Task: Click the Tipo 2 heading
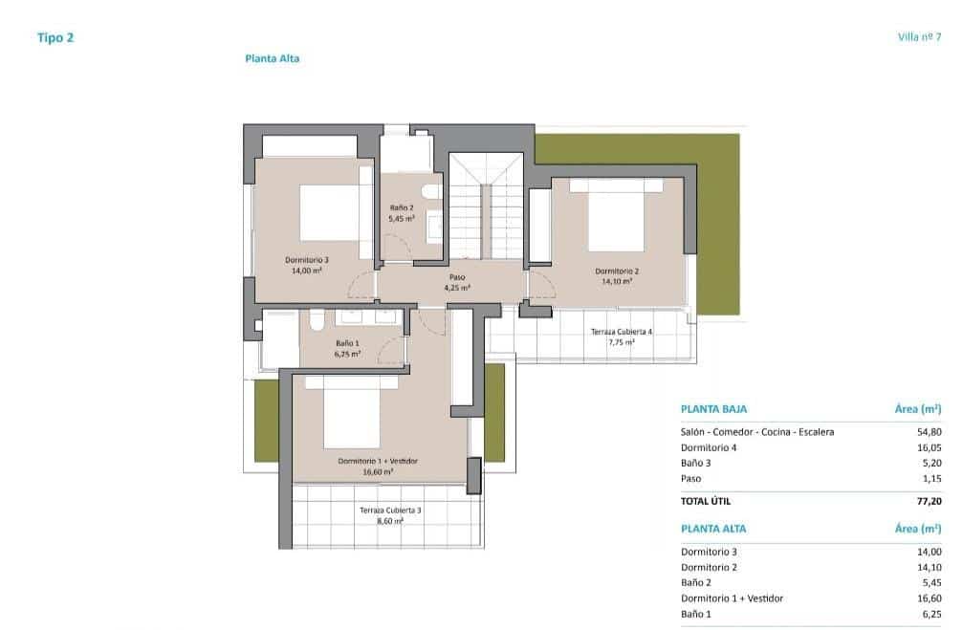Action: pos(55,38)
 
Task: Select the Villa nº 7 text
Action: pos(919,37)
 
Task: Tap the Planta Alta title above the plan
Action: pos(273,58)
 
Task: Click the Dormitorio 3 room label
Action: pos(307,265)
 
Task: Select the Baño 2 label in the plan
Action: pos(402,212)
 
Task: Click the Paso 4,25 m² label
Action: pos(457,282)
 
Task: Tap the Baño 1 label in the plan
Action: pos(347,348)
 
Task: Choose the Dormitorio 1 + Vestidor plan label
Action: pos(378,466)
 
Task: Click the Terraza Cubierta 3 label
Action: pos(390,515)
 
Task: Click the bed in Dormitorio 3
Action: pos(330,212)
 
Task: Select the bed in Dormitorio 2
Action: pos(616,222)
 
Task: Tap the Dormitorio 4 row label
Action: pos(709,447)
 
